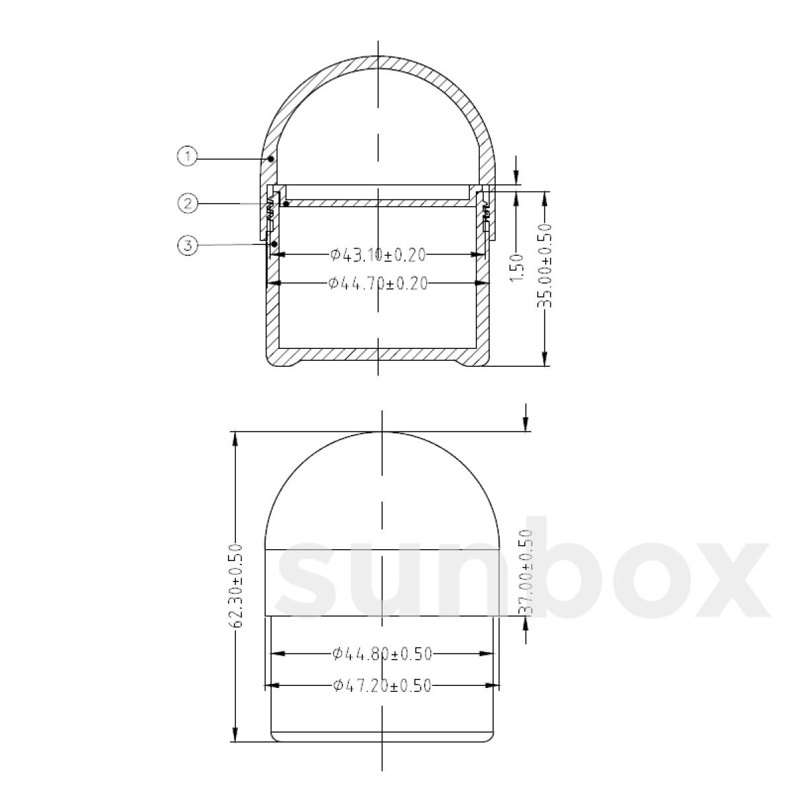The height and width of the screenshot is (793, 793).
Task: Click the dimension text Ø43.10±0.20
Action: pyautogui.click(x=377, y=254)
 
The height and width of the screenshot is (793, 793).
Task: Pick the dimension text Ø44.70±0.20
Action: pyautogui.click(x=377, y=283)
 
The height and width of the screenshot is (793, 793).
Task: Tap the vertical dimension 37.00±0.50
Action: pyautogui.click(x=526, y=572)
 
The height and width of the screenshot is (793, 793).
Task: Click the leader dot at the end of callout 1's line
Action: pyautogui.click(x=271, y=159)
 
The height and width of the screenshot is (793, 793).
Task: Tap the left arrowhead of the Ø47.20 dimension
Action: pyautogui.click(x=272, y=686)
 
